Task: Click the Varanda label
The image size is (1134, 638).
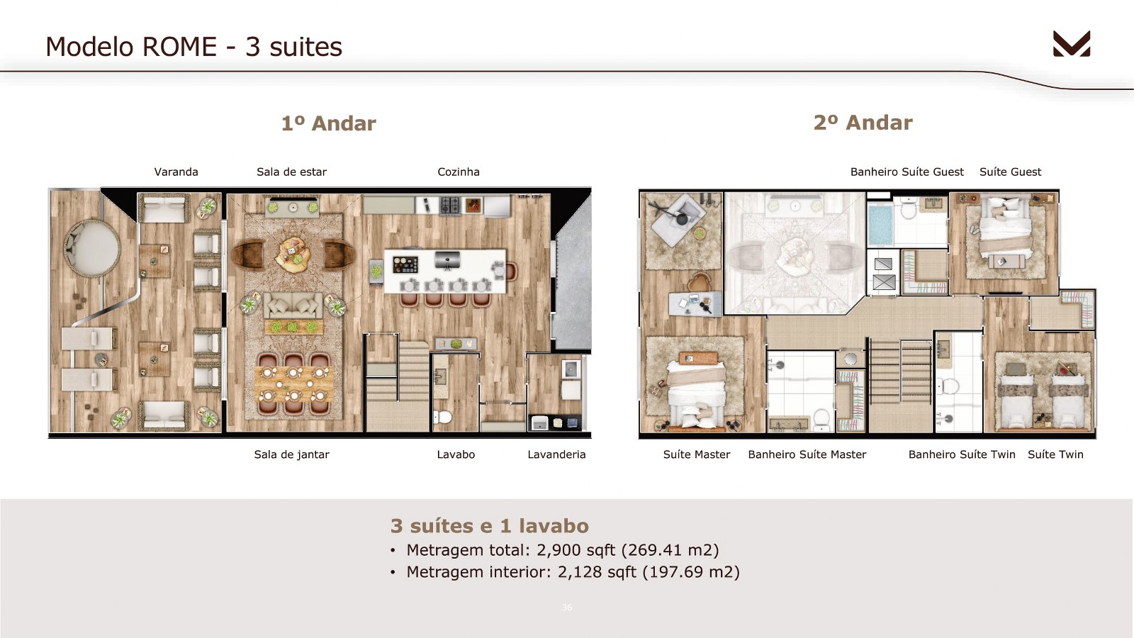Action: [x=176, y=172]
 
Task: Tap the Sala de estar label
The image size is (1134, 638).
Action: [x=291, y=172]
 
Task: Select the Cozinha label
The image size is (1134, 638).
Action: [x=459, y=172]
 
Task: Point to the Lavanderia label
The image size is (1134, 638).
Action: [x=556, y=454]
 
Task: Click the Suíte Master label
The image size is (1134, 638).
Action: [x=697, y=454]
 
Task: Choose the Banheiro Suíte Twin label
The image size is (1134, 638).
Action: [x=962, y=454]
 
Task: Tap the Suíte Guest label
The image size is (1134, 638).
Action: [x=1011, y=172]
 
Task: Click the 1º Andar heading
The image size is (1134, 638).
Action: [x=329, y=123]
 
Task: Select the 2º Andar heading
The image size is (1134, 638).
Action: [x=863, y=123]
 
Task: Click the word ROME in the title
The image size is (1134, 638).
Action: [x=180, y=47]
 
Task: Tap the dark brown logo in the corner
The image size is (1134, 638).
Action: [x=1072, y=43]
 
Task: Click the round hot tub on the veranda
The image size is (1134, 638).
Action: [x=91, y=248]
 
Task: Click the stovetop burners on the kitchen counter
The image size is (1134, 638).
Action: [x=450, y=206]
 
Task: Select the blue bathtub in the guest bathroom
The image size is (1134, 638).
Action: [x=880, y=224]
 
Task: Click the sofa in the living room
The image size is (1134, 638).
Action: [x=293, y=306]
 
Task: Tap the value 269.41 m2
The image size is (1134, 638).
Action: [x=670, y=550]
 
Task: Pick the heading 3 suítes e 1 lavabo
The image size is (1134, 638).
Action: [x=490, y=526]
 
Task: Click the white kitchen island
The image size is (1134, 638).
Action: [x=445, y=271]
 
